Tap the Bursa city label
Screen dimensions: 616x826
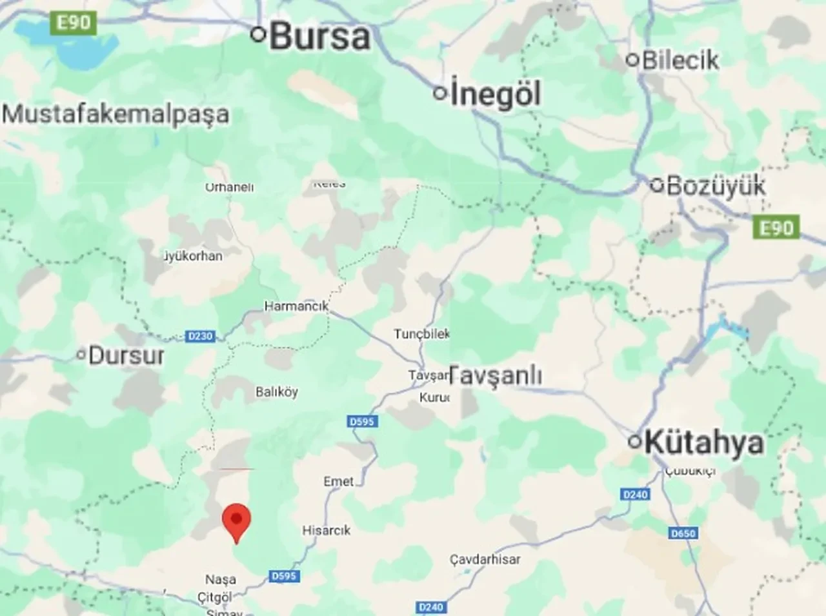pyautogui.click(x=320, y=36)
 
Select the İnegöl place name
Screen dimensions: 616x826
pyautogui.click(x=495, y=94)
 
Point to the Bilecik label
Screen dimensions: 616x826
pyautogui.click(x=680, y=60)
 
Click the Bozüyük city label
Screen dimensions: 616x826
pyautogui.click(x=716, y=186)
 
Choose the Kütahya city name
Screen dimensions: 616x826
pyautogui.click(x=703, y=442)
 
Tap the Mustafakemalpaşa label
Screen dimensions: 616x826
pyautogui.click(x=116, y=114)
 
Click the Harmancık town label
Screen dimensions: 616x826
pyautogui.click(x=296, y=306)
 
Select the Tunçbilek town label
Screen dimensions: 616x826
pyautogui.click(x=422, y=333)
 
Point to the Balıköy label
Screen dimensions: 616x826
pyautogui.click(x=277, y=392)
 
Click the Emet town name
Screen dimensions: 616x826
pyautogui.click(x=339, y=481)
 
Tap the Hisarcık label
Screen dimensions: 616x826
pyautogui.click(x=327, y=530)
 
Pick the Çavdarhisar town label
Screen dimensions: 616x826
pyautogui.click(x=485, y=559)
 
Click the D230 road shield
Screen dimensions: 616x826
pyautogui.click(x=200, y=336)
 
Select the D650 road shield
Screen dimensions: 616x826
pyautogui.click(x=683, y=533)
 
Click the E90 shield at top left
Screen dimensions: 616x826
pyautogui.click(x=74, y=23)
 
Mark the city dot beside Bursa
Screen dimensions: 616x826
pyautogui.click(x=259, y=35)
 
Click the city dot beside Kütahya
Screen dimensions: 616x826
pyautogui.click(x=635, y=442)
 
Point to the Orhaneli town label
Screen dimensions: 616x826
pyautogui.click(x=229, y=187)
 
